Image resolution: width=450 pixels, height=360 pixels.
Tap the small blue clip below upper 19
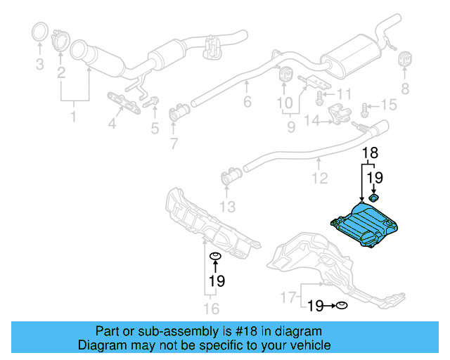click(374, 199)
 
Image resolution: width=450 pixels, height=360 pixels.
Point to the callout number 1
click(74, 115)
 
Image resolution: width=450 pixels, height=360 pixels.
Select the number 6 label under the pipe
click(247, 103)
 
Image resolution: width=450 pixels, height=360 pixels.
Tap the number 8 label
click(404, 88)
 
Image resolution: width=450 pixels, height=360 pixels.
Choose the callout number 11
click(343, 94)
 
